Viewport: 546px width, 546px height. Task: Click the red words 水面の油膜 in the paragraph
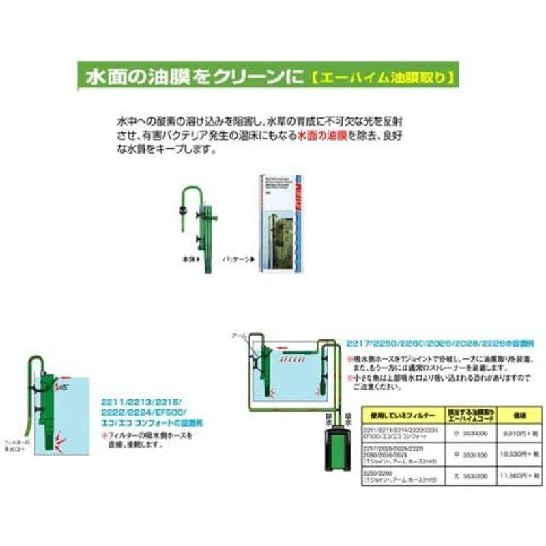click(x=322, y=136)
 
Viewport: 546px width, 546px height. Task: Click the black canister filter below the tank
click(x=336, y=455)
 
